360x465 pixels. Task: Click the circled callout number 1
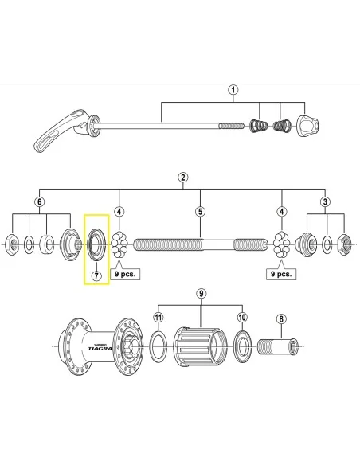[233, 90]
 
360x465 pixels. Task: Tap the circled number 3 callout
[325, 202]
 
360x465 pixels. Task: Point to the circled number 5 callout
[201, 211]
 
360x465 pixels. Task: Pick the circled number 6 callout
[38, 202]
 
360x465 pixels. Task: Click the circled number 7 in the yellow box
[96, 276]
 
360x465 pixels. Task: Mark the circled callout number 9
[201, 293]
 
